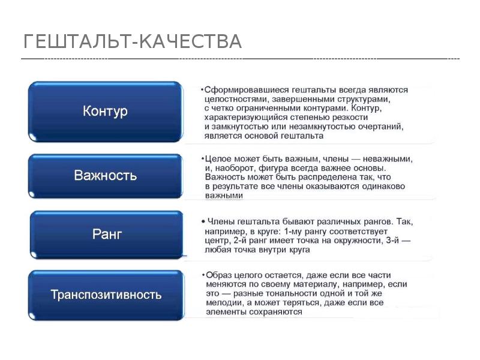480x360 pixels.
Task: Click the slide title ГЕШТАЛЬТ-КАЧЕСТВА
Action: pos(132,41)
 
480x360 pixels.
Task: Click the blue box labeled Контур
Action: pos(105,112)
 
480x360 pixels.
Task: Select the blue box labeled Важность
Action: pos(105,176)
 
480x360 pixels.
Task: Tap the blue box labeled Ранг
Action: pos(107,234)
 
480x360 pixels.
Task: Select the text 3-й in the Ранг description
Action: pos(391,240)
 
